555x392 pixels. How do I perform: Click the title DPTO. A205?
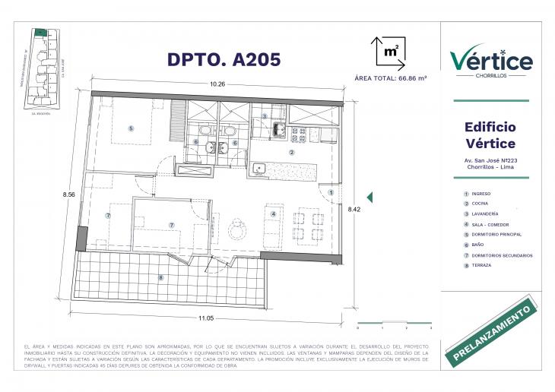tap(213, 58)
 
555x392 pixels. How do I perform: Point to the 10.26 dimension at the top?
tap(218, 84)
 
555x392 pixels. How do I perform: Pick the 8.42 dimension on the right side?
tap(354, 207)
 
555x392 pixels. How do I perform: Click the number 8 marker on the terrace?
tap(160, 277)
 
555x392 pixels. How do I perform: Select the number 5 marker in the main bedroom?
tap(131, 128)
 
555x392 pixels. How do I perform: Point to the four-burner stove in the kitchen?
tap(298, 134)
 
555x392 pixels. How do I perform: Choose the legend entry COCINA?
tap(480, 204)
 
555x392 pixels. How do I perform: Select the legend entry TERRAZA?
tap(481, 266)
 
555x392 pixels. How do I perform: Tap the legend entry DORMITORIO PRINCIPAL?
tap(498, 235)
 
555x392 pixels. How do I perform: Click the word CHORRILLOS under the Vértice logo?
tap(490, 76)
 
